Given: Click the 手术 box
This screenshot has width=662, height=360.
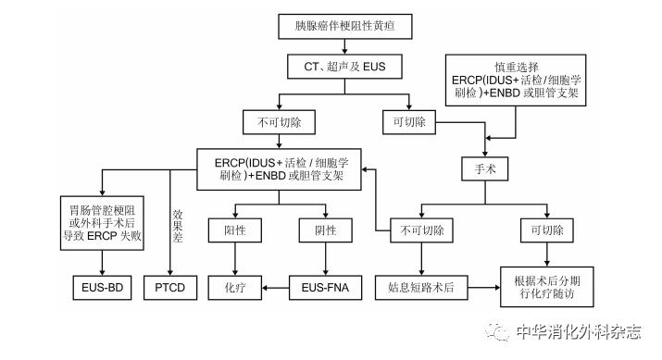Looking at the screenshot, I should tap(485, 168).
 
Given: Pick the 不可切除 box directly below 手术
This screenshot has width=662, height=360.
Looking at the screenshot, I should tap(421, 229).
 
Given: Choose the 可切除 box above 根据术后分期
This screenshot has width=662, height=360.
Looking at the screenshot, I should tap(548, 229).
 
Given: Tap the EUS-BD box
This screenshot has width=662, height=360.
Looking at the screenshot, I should tap(102, 288).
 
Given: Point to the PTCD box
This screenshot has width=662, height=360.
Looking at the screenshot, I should tap(170, 288).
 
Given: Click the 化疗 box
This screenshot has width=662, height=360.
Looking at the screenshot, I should tap(235, 288).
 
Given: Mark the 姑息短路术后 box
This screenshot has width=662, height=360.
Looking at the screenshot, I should tap(421, 288).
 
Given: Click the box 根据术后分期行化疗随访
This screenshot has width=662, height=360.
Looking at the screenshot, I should tap(548, 288).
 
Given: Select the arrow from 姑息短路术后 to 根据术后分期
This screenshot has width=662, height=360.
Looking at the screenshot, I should tap(482, 288).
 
